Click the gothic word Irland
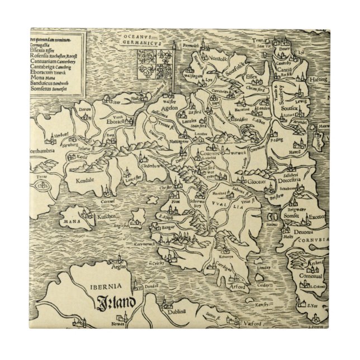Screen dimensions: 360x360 (x=115, y=305)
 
